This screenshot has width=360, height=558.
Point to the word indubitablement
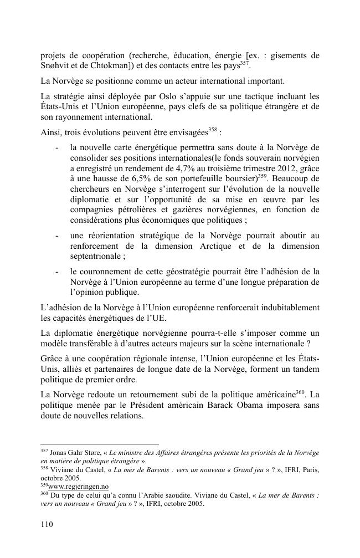284,307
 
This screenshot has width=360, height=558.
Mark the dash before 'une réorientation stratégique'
58,236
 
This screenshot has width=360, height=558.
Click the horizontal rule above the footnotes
100,444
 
